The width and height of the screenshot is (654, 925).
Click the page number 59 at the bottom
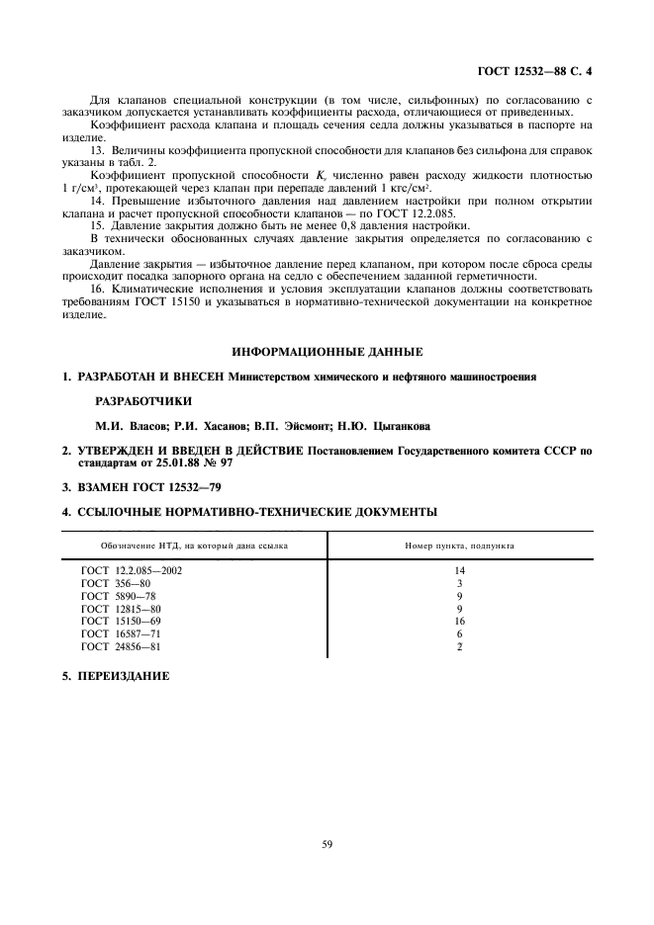point(326,843)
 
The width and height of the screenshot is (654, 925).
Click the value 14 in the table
point(459,571)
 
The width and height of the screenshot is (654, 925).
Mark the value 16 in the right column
point(459,622)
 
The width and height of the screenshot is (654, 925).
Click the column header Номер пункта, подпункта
point(459,546)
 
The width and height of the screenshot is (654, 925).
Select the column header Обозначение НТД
point(194,546)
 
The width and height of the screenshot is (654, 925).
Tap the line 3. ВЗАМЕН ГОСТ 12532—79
point(138,487)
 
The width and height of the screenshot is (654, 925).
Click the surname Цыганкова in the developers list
point(394,426)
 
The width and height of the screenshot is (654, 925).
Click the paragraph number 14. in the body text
point(97,201)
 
